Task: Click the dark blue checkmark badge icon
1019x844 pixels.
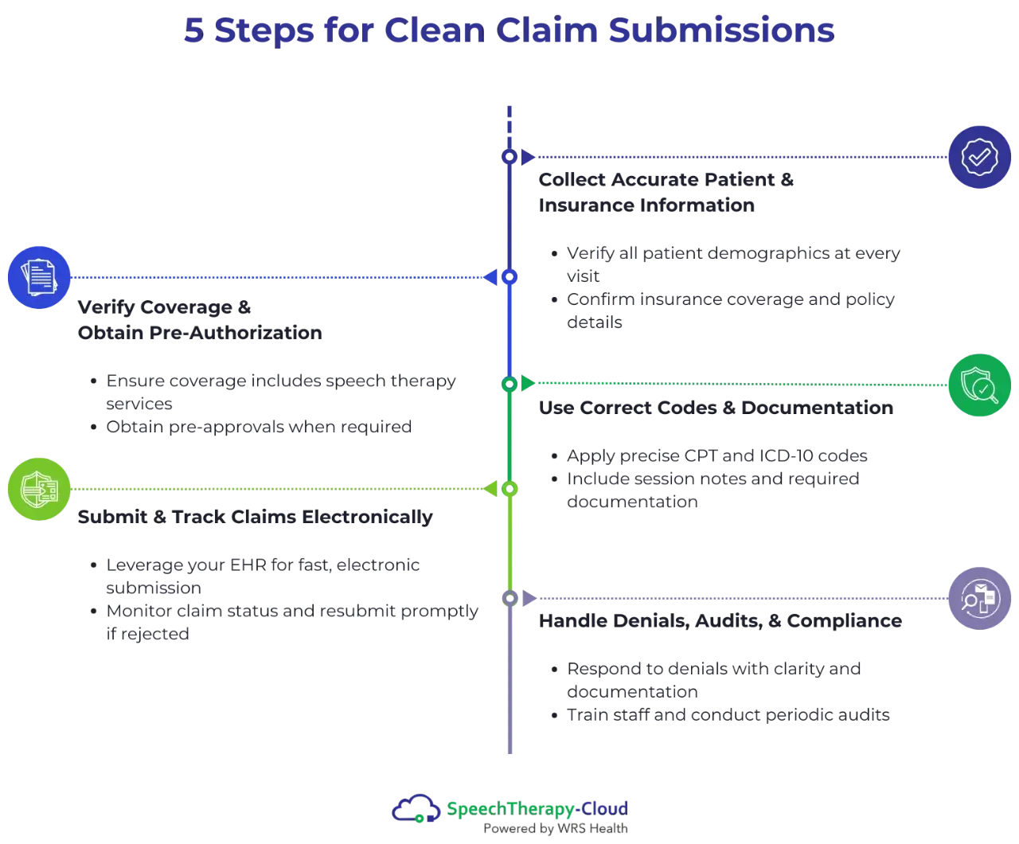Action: click(x=980, y=157)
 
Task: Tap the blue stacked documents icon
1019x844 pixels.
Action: click(x=39, y=278)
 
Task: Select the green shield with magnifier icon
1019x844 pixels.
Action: click(x=980, y=385)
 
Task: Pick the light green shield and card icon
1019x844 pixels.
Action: click(x=39, y=488)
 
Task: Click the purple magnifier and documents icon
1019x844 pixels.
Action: click(x=980, y=597)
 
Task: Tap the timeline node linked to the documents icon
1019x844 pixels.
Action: click(x=509, y=278)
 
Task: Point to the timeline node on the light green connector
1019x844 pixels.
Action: click(x=509, y=488)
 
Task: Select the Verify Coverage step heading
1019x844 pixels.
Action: click(x=199, y=321)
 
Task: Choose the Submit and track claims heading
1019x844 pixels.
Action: click(x=255, y=518)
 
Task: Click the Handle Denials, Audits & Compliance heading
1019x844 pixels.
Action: click(x=719, y=619)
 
